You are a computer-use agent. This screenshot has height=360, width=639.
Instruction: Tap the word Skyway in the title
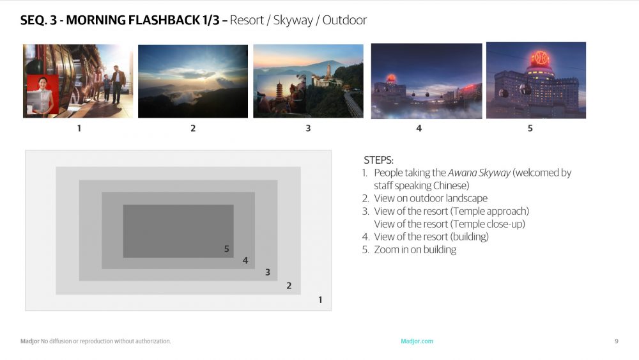point(293,20)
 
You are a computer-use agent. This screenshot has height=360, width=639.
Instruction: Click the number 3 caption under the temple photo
point(308,128)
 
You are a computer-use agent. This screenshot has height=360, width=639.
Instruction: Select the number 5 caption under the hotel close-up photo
point(530,128)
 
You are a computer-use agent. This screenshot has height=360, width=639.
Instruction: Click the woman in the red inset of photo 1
point(42,96)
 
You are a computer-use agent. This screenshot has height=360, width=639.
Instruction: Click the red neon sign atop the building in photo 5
point(540,59)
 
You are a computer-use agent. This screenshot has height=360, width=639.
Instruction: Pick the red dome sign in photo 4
point(390,78)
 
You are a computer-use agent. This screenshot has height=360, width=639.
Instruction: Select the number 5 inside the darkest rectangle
point(227,249)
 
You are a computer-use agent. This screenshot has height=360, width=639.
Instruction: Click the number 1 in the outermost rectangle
point(320,300)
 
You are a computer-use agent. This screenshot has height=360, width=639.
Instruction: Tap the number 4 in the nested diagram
point(245,260)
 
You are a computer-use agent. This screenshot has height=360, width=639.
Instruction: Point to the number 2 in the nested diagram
point(289,285)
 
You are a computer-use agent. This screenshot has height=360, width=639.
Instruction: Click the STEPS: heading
point(378,160)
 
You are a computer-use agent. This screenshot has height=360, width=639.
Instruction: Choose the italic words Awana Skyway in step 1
point(479,173)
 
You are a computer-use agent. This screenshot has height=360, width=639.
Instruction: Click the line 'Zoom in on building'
point(415,249)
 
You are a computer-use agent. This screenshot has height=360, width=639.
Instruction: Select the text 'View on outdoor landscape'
point(431,198)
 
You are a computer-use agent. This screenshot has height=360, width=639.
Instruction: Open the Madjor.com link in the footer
point(417,341)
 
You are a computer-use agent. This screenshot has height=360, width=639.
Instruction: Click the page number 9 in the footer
point(617,341)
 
